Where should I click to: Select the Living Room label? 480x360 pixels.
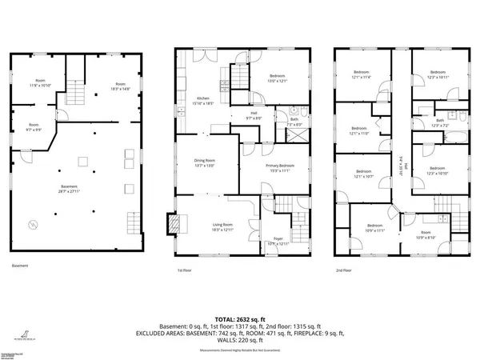[x=222, y=227]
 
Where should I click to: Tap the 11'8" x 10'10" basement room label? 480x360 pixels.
[x=41, y=84]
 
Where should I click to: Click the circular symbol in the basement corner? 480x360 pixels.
[x=31, y=225]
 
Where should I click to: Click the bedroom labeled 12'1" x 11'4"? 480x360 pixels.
[x=361, y=76]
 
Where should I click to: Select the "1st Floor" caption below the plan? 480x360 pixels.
[x=186, y=270]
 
